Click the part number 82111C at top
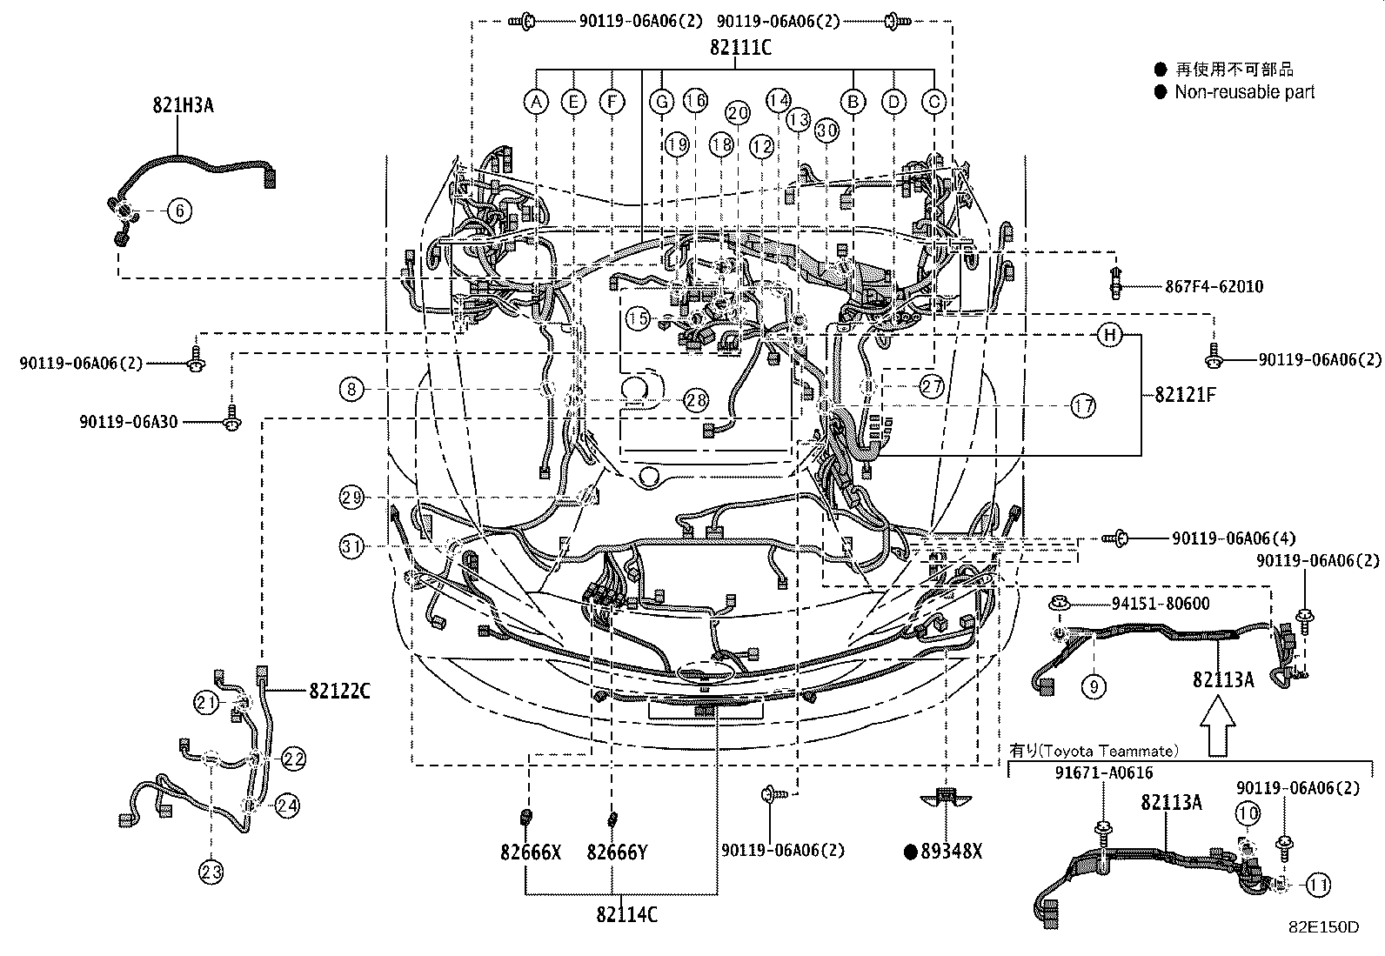point(739,48)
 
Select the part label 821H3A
point(183,106)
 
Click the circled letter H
point(1109,335)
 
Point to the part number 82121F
point(1185,395)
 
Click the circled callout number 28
point(696,400)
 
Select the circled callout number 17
point(1083,405)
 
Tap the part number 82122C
point(339,692)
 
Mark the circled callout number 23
point(212,872)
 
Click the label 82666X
point(530,852)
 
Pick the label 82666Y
point(617,852)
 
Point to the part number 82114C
point(626,914)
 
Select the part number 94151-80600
point(1160,603)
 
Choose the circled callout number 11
point(1319,886)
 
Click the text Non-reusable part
point(1244,92)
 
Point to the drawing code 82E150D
point(1323,927)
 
